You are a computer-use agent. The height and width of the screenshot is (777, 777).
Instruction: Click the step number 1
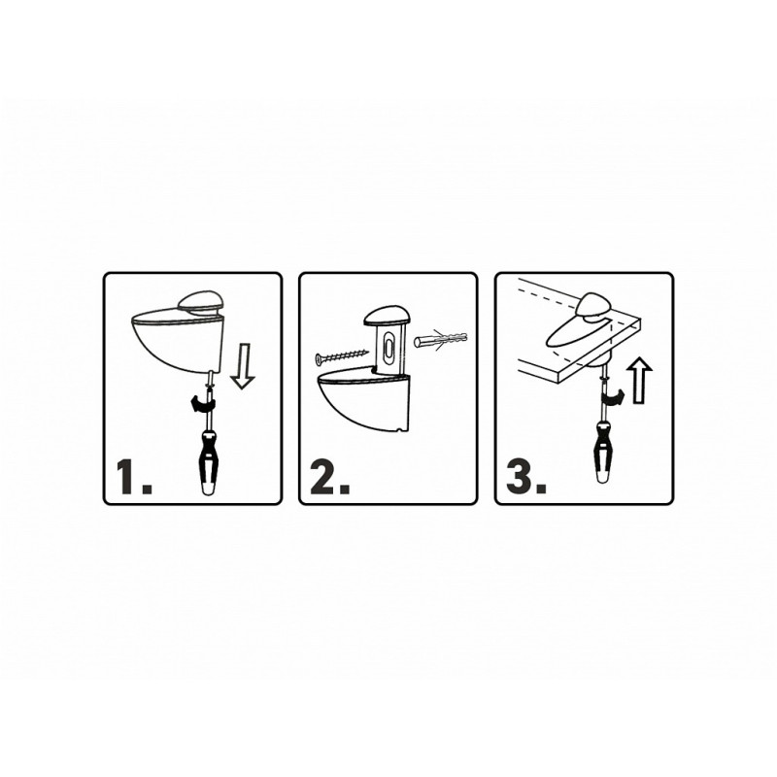133,477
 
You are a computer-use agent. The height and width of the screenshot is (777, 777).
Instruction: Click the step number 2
330,477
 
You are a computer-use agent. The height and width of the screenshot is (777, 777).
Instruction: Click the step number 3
526,477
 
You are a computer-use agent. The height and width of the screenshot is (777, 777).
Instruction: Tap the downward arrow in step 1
243,367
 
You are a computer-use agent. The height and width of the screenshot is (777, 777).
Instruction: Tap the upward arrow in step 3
639,380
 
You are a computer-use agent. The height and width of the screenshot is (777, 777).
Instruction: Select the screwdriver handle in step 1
208,462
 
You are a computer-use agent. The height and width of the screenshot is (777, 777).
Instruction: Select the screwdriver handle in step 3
603,451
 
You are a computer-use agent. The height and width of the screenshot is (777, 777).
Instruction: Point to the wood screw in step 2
342,355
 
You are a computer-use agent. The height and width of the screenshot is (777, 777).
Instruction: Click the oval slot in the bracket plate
389,346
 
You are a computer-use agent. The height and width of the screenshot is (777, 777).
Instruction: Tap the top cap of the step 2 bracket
387,317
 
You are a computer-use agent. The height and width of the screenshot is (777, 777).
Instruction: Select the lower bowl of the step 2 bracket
364,401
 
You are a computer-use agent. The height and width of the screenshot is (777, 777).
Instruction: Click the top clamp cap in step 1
202,303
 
